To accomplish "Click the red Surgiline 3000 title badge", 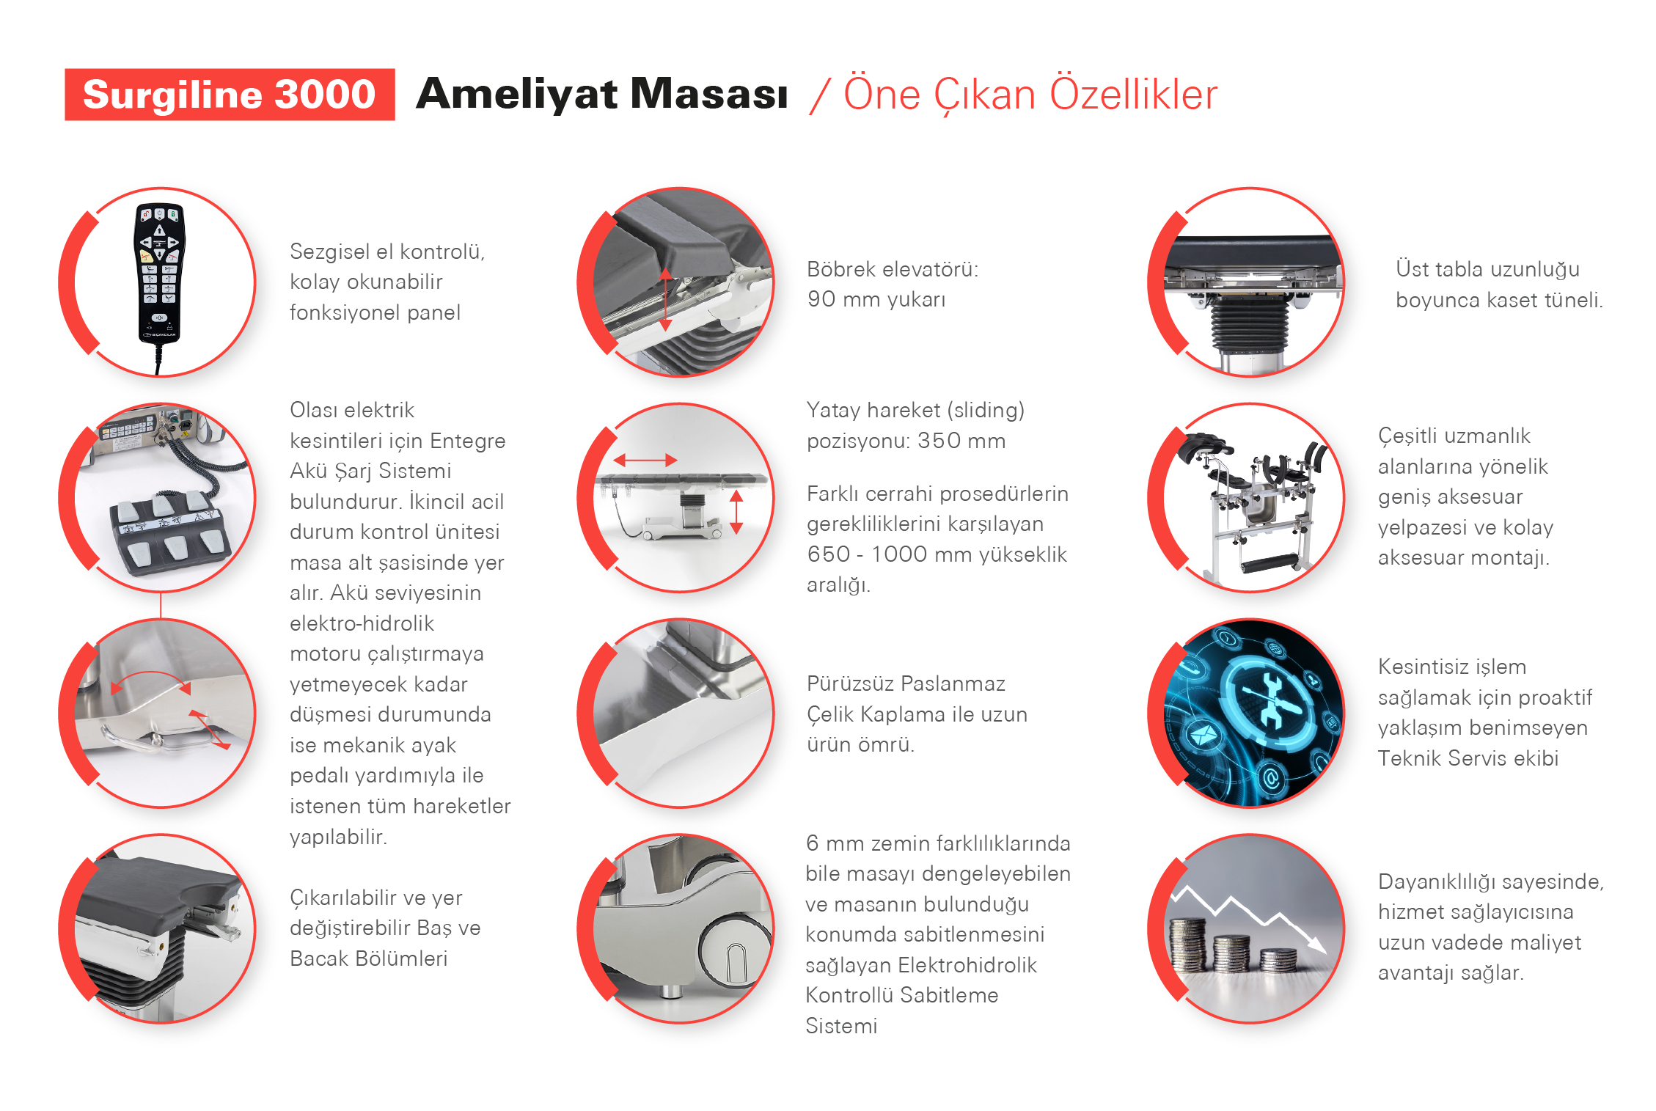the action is [230, 95].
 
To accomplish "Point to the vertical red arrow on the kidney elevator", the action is [665, 299].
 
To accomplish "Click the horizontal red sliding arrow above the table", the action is [645, 461].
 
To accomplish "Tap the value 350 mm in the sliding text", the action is [961, 441].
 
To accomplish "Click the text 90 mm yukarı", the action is [876, 299].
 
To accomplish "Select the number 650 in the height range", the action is [827, 554].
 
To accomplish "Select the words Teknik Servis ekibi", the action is [1468, 758].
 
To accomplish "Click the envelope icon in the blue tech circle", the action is [1201, 734].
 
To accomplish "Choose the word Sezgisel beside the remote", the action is [330, 252].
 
